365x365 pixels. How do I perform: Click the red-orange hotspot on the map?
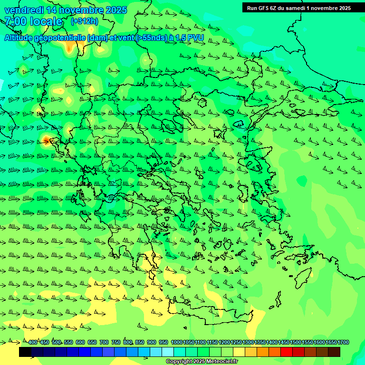point(46,140)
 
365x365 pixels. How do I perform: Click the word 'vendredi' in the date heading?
point(23,10)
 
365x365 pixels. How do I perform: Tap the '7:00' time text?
point(15,21)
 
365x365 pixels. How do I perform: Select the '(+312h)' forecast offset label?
point(84,21)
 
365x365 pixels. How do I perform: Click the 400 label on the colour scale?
point(32,343)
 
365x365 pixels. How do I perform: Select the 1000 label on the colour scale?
point(176,343)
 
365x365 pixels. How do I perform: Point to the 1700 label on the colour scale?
point(343,343)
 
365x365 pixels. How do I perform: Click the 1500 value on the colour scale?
point(296,343)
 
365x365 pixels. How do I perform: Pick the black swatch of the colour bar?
point(25,352)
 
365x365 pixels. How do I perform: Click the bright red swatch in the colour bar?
point(287,352)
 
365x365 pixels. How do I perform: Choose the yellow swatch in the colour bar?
point(239,352)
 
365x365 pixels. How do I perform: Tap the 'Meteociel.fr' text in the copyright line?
point(221,362)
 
